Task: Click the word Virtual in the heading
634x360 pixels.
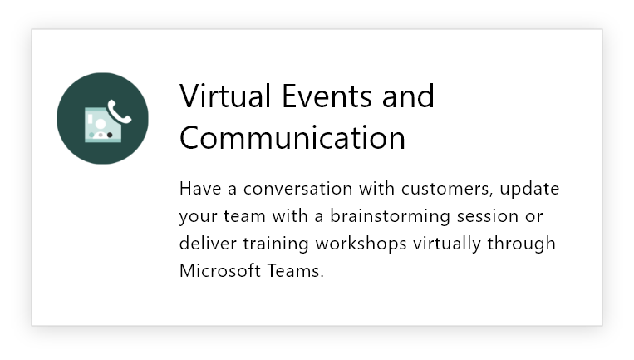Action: pyautogui.click(x=225, y=96)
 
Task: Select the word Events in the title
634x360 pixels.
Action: pyautogui.click(x=327, y=96)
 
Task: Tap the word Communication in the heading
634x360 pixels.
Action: pyautogui.click(x=292, y=137)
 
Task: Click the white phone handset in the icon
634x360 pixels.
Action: pyautogui.click(x=120, y=111)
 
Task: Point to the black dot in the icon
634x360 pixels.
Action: pyautogui.click(x=110, y=135)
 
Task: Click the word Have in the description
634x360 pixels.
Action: pyautogui.click(x=200, y=189)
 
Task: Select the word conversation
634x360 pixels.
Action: pyautogui.click(x=298, y=189)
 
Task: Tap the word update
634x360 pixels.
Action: pyautogui.click(x=529, y=190)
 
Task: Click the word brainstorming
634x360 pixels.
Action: pyautogui.click(x=390, y=217)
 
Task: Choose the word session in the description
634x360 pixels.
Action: pyautogui.click(x=487, y=216)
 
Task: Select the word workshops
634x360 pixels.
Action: pyautogui.click(x=361, y=244)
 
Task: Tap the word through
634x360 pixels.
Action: pyautogui.click(x=522, y=244)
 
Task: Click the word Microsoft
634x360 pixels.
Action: pyautogui.click(x=220, y=270)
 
